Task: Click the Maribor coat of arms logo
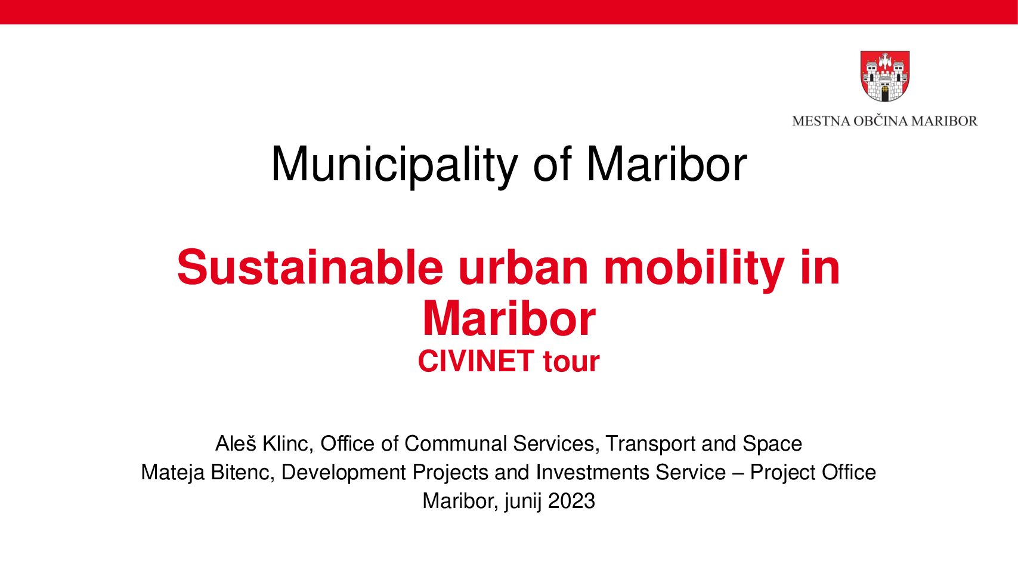pos(884,76)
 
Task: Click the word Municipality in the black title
pos(394,164)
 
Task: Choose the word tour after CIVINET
pos(571,362)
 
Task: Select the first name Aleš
pos(236,443)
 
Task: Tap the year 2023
pos(571,501)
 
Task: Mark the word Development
pos(344,473)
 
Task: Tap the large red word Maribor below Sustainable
pos(509,319)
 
